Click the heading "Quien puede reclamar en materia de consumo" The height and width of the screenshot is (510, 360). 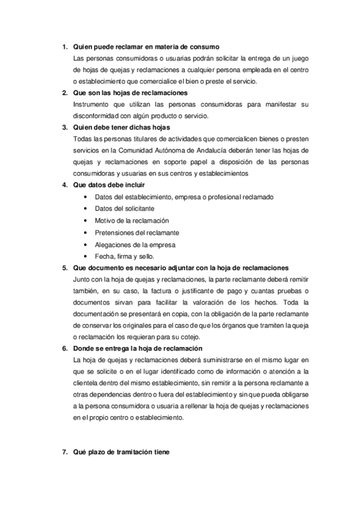point(145,48)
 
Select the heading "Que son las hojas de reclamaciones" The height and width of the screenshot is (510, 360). point(130,93)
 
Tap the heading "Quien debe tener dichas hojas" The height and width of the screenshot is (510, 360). point(121,127)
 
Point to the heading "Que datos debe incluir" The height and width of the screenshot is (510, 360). point(109,185)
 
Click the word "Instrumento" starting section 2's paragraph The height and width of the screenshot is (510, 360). point(88,105)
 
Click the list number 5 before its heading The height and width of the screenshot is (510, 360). point(66,267)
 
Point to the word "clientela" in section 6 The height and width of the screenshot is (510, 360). point(85,383)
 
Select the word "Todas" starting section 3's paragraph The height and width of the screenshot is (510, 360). point(81,139)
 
